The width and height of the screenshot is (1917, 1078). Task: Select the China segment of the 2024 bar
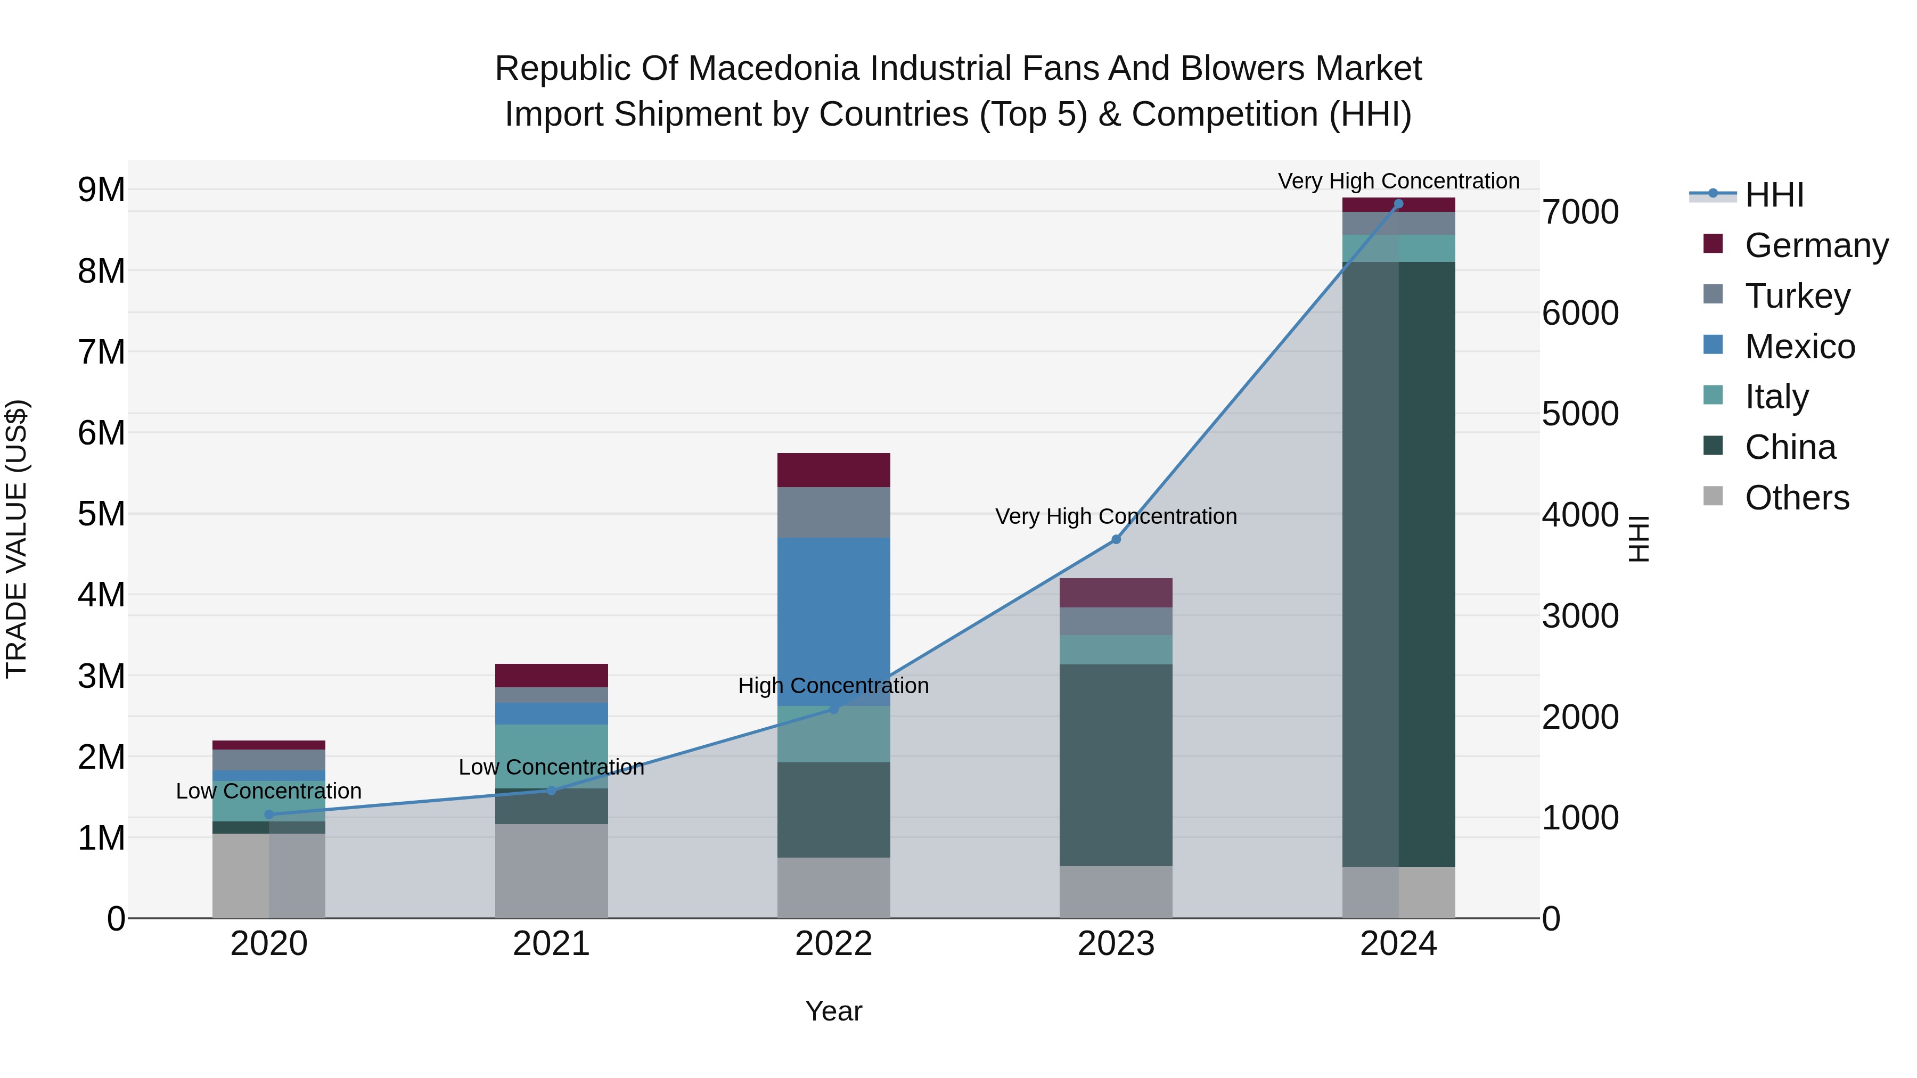point(1398,563)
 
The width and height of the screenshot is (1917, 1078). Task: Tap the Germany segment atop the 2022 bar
point(833,470)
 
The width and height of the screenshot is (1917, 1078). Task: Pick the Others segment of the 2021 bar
point(552,870)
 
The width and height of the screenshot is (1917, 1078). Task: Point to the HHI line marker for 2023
point(1116,539)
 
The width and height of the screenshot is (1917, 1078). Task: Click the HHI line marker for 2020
point(269,814)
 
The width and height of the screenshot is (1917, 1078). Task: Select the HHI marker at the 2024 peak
point(1398,204)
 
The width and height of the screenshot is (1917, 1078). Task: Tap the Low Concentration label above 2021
point(552,767)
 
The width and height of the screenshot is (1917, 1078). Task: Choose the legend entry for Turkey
point(1797,295)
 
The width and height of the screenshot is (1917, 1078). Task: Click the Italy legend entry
point(1776,397)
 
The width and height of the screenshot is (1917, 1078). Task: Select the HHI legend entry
point(1774,195)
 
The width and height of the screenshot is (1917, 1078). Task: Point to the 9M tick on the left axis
point(101,190)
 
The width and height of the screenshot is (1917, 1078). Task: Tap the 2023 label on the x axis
point(1116,944)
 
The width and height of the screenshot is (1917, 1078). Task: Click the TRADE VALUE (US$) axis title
point(17,539)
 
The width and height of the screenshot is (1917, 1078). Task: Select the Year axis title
point(833,1011)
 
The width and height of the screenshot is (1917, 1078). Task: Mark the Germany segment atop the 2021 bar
point(552,675)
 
